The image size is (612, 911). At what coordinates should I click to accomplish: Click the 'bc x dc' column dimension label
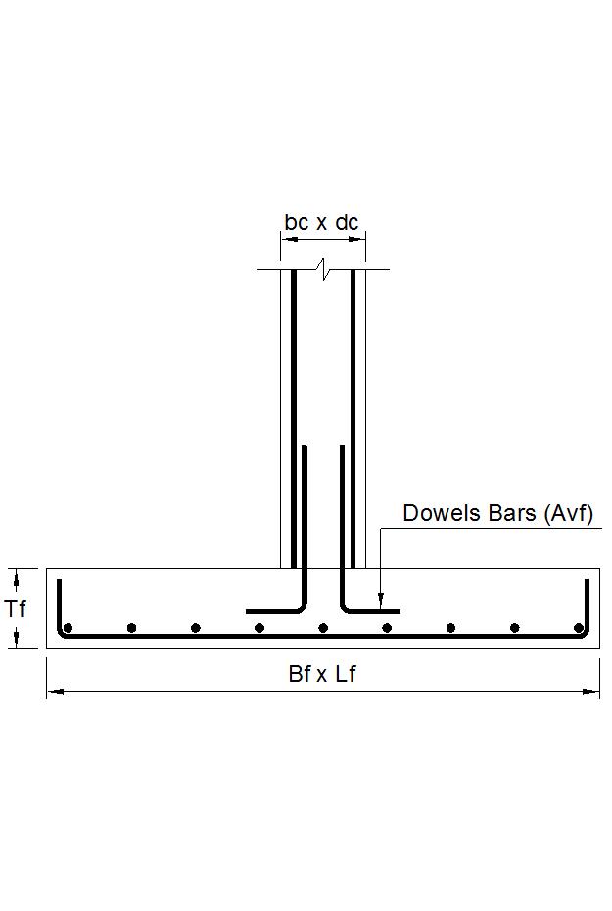click(x=322, y=222)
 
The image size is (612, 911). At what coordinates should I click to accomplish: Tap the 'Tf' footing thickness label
click(x=16, y=609)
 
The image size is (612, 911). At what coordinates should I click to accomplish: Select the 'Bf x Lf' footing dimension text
click(x=321, y=674)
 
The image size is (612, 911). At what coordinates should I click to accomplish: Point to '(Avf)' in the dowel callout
click(x=568, y=513)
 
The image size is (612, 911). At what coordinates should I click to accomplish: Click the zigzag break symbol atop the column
click(x=323, y=268)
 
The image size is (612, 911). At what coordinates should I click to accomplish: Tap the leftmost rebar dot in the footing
click(x=68, y=628)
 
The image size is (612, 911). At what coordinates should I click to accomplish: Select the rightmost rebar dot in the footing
click(x=579, y=628)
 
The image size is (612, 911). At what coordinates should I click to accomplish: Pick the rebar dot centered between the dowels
click(x=323, y=628)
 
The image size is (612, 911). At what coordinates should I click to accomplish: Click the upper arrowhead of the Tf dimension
click(x=16, y=574)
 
